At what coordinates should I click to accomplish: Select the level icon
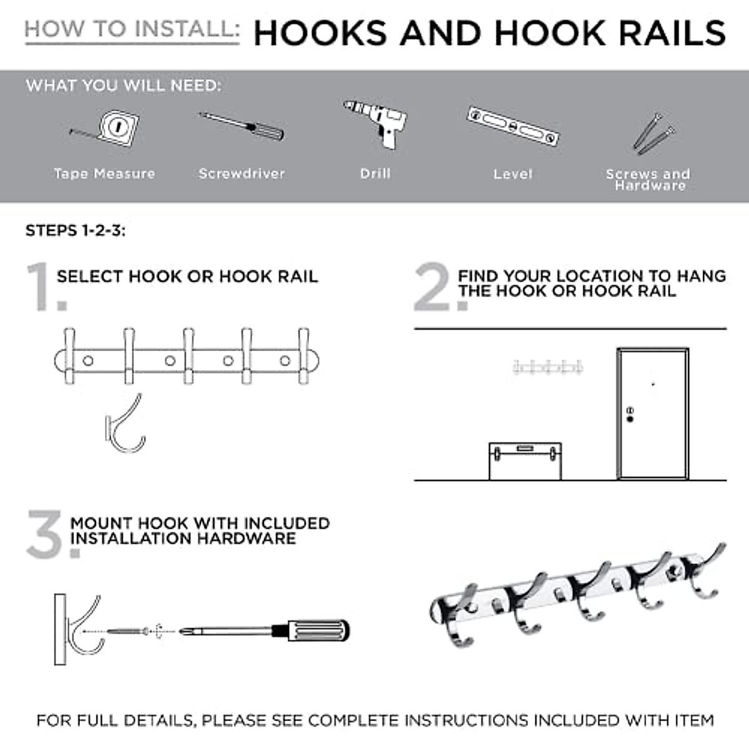pos(513,126)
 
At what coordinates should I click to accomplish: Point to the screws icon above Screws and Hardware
pos(654,134)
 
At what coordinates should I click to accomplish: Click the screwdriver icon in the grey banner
pos(242,127)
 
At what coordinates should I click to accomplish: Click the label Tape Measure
pos(105,174)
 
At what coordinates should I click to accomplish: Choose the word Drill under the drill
pos(375,174)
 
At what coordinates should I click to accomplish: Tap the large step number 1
pos(46,286)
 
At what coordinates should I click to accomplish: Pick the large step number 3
pos(52,534)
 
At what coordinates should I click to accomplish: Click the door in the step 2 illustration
pos(653,414)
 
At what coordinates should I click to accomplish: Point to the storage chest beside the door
pos(525,461)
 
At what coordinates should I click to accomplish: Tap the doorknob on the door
pos(630,419)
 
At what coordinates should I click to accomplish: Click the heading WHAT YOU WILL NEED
pos(123,86)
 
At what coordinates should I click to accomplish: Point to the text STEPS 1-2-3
pos(76,230)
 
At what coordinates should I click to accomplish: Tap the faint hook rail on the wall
pos(548,366)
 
